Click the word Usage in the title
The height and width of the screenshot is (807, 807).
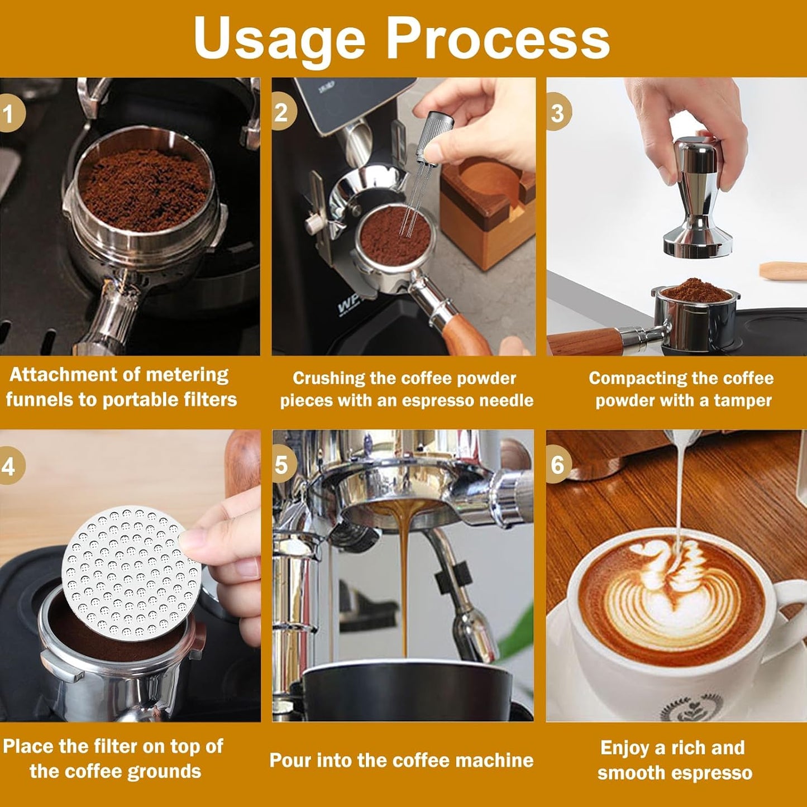click(x=279, y=38)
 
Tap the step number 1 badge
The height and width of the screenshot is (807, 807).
click(x=9, y=114)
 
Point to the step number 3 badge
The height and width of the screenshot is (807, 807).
click(x=557, y=113)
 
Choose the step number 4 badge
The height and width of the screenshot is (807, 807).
click(x=9, y=466)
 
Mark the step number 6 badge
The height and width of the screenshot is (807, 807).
click(x=557, y=465)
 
